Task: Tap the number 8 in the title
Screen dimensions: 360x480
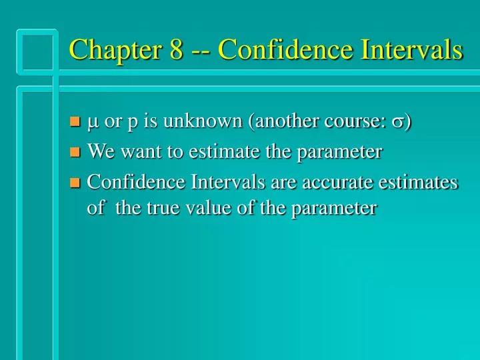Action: point(176,50)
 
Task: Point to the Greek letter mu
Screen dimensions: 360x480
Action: point(93,123)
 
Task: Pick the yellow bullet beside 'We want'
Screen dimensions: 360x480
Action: point(75,153)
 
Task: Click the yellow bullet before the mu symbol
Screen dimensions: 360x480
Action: point(75,122)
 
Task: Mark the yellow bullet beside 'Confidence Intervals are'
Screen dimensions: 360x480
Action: point(75,183)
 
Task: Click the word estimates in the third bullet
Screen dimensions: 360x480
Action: point(419,181)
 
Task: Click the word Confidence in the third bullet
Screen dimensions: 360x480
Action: point(136,181)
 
